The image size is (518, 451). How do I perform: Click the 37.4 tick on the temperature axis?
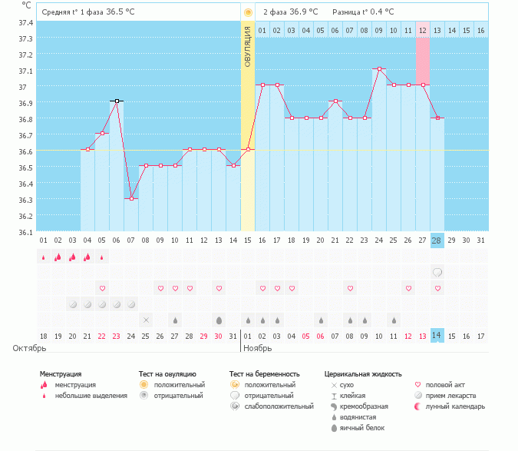point(25,22)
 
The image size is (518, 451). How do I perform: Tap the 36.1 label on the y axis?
point(25,232)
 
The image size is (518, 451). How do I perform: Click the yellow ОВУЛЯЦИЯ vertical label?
point(248,46)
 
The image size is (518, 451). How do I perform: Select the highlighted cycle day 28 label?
point(437,240)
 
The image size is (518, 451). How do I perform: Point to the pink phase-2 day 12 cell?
point(423,31)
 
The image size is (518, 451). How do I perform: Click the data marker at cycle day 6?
point(117,101)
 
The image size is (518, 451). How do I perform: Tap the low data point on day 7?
point(131,198)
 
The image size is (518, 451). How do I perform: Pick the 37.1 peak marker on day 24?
point(379,69)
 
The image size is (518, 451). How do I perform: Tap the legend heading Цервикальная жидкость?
point(363,374)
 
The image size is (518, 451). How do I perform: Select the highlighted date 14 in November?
point(437,335)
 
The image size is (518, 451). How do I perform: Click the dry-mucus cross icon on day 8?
point(146,320)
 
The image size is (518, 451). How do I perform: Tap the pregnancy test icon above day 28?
point(437,272)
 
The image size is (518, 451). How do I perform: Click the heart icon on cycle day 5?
point(102,288)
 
